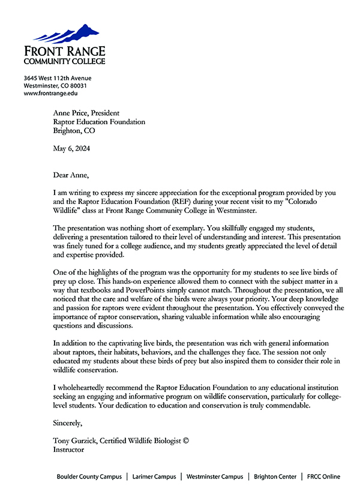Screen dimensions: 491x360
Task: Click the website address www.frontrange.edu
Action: tap(50, 93)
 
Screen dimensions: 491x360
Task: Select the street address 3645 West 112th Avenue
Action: tap(58, 78)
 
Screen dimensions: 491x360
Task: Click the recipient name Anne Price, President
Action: tap(86, 113)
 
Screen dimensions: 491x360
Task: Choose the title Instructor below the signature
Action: tap(68, 449)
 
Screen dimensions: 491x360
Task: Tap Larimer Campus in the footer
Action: tap(154, 477)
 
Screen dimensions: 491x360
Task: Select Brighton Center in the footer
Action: tap(275, 477)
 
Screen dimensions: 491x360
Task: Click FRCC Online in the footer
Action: tap(323, 477)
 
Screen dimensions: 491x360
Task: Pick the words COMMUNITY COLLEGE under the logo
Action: tap(64, 61)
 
